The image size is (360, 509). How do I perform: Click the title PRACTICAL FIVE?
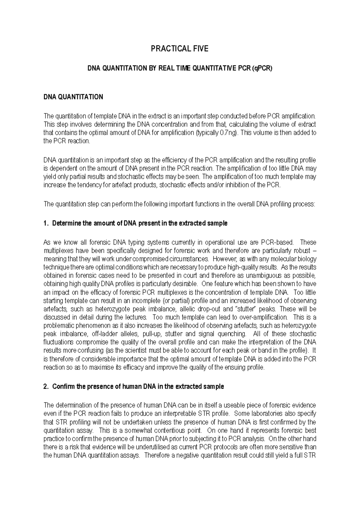(180, 49)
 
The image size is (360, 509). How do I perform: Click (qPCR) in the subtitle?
(262, 69)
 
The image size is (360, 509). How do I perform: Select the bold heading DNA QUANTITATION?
(73, 97)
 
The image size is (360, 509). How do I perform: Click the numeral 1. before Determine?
(46, 223)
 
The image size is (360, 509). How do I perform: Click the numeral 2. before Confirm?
(46, 387)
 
